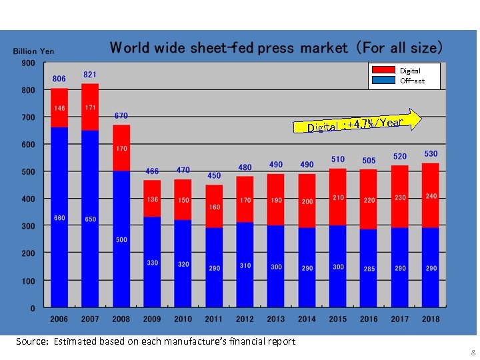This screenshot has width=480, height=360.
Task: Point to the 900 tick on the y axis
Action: (x=28, y=63)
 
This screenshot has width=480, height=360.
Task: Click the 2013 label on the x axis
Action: (x=276, y=319)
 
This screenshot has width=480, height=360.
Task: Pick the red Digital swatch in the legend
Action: (x=383, y=70)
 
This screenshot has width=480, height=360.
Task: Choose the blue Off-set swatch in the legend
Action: (x=383, y=81)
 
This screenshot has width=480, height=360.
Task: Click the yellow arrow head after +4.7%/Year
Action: (x=415, y=119)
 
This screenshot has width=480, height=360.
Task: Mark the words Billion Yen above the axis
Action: (x=34, y=51)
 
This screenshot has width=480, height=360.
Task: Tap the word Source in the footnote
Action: (x=31, y=341)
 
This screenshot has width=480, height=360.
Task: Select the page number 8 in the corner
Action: (x=473, y=353)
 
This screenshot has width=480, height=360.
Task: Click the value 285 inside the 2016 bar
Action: (x=369, y=269)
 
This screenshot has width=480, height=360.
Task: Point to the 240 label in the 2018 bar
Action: (x=431, y=196)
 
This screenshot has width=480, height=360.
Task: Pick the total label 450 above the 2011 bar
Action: (x=214, y=176)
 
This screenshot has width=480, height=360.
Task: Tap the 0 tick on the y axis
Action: (x=32, y=308)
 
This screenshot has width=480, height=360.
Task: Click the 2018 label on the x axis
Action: (x=431, y=319)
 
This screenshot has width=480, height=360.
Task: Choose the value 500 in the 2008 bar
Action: (x=121, y=239)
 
